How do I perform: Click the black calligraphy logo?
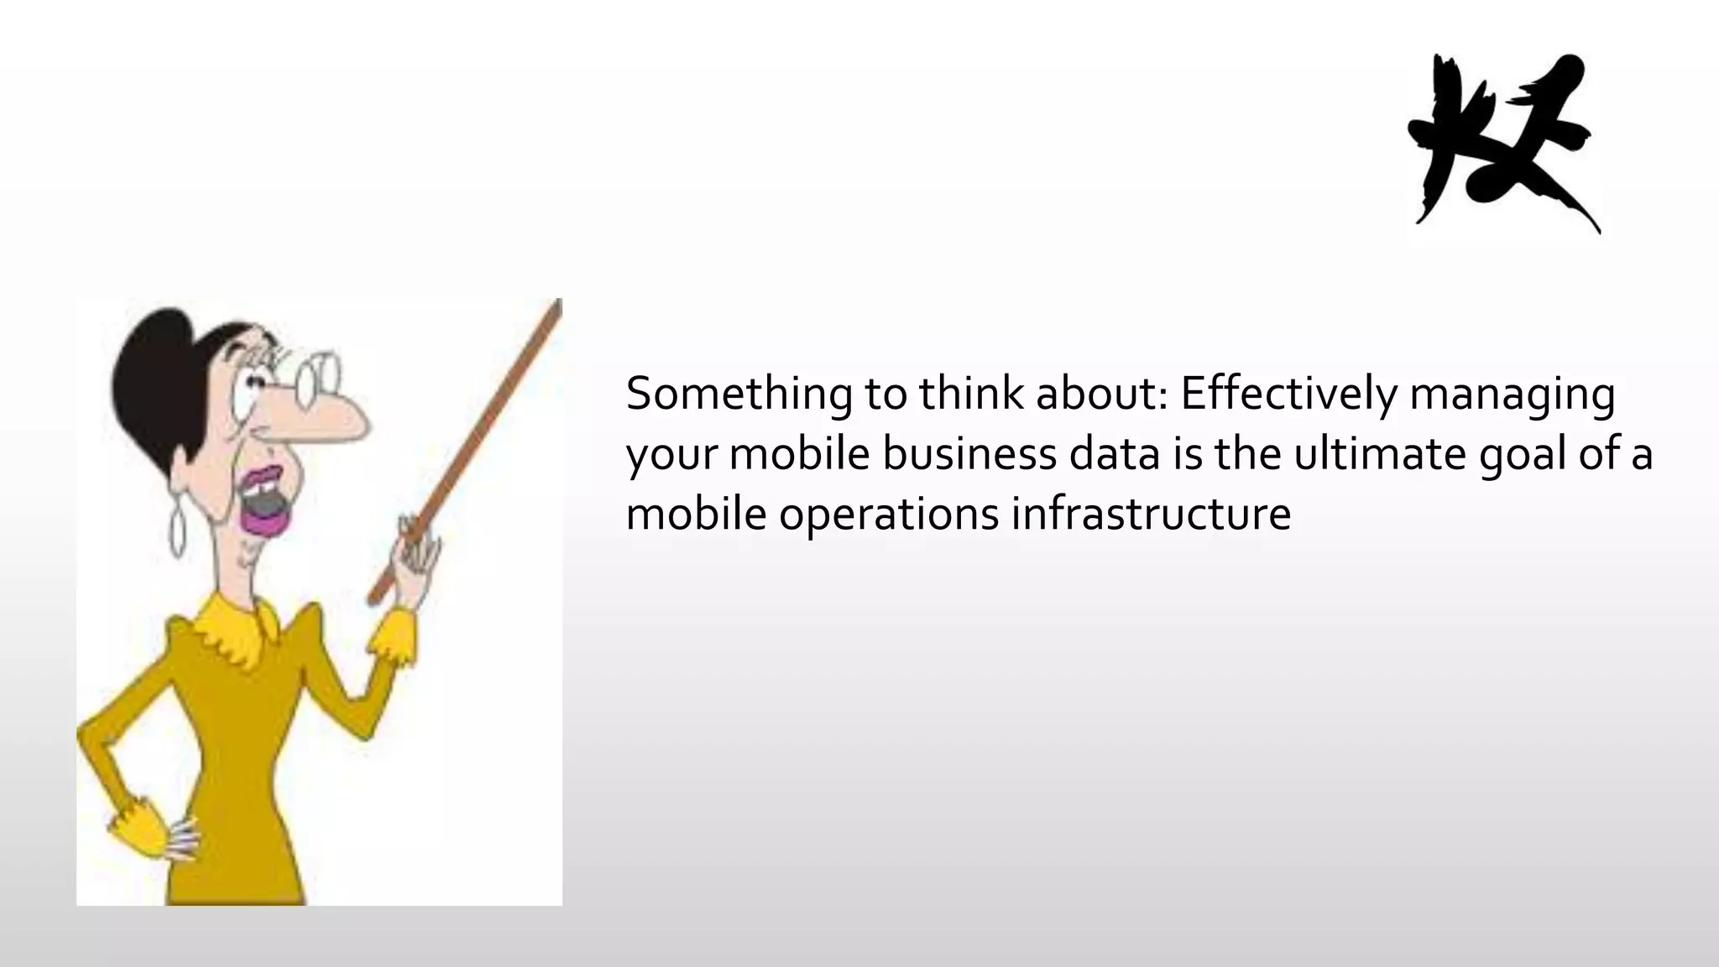click(1502, 143)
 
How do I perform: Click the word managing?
click(1512, 395)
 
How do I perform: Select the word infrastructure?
click(1151, 513)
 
